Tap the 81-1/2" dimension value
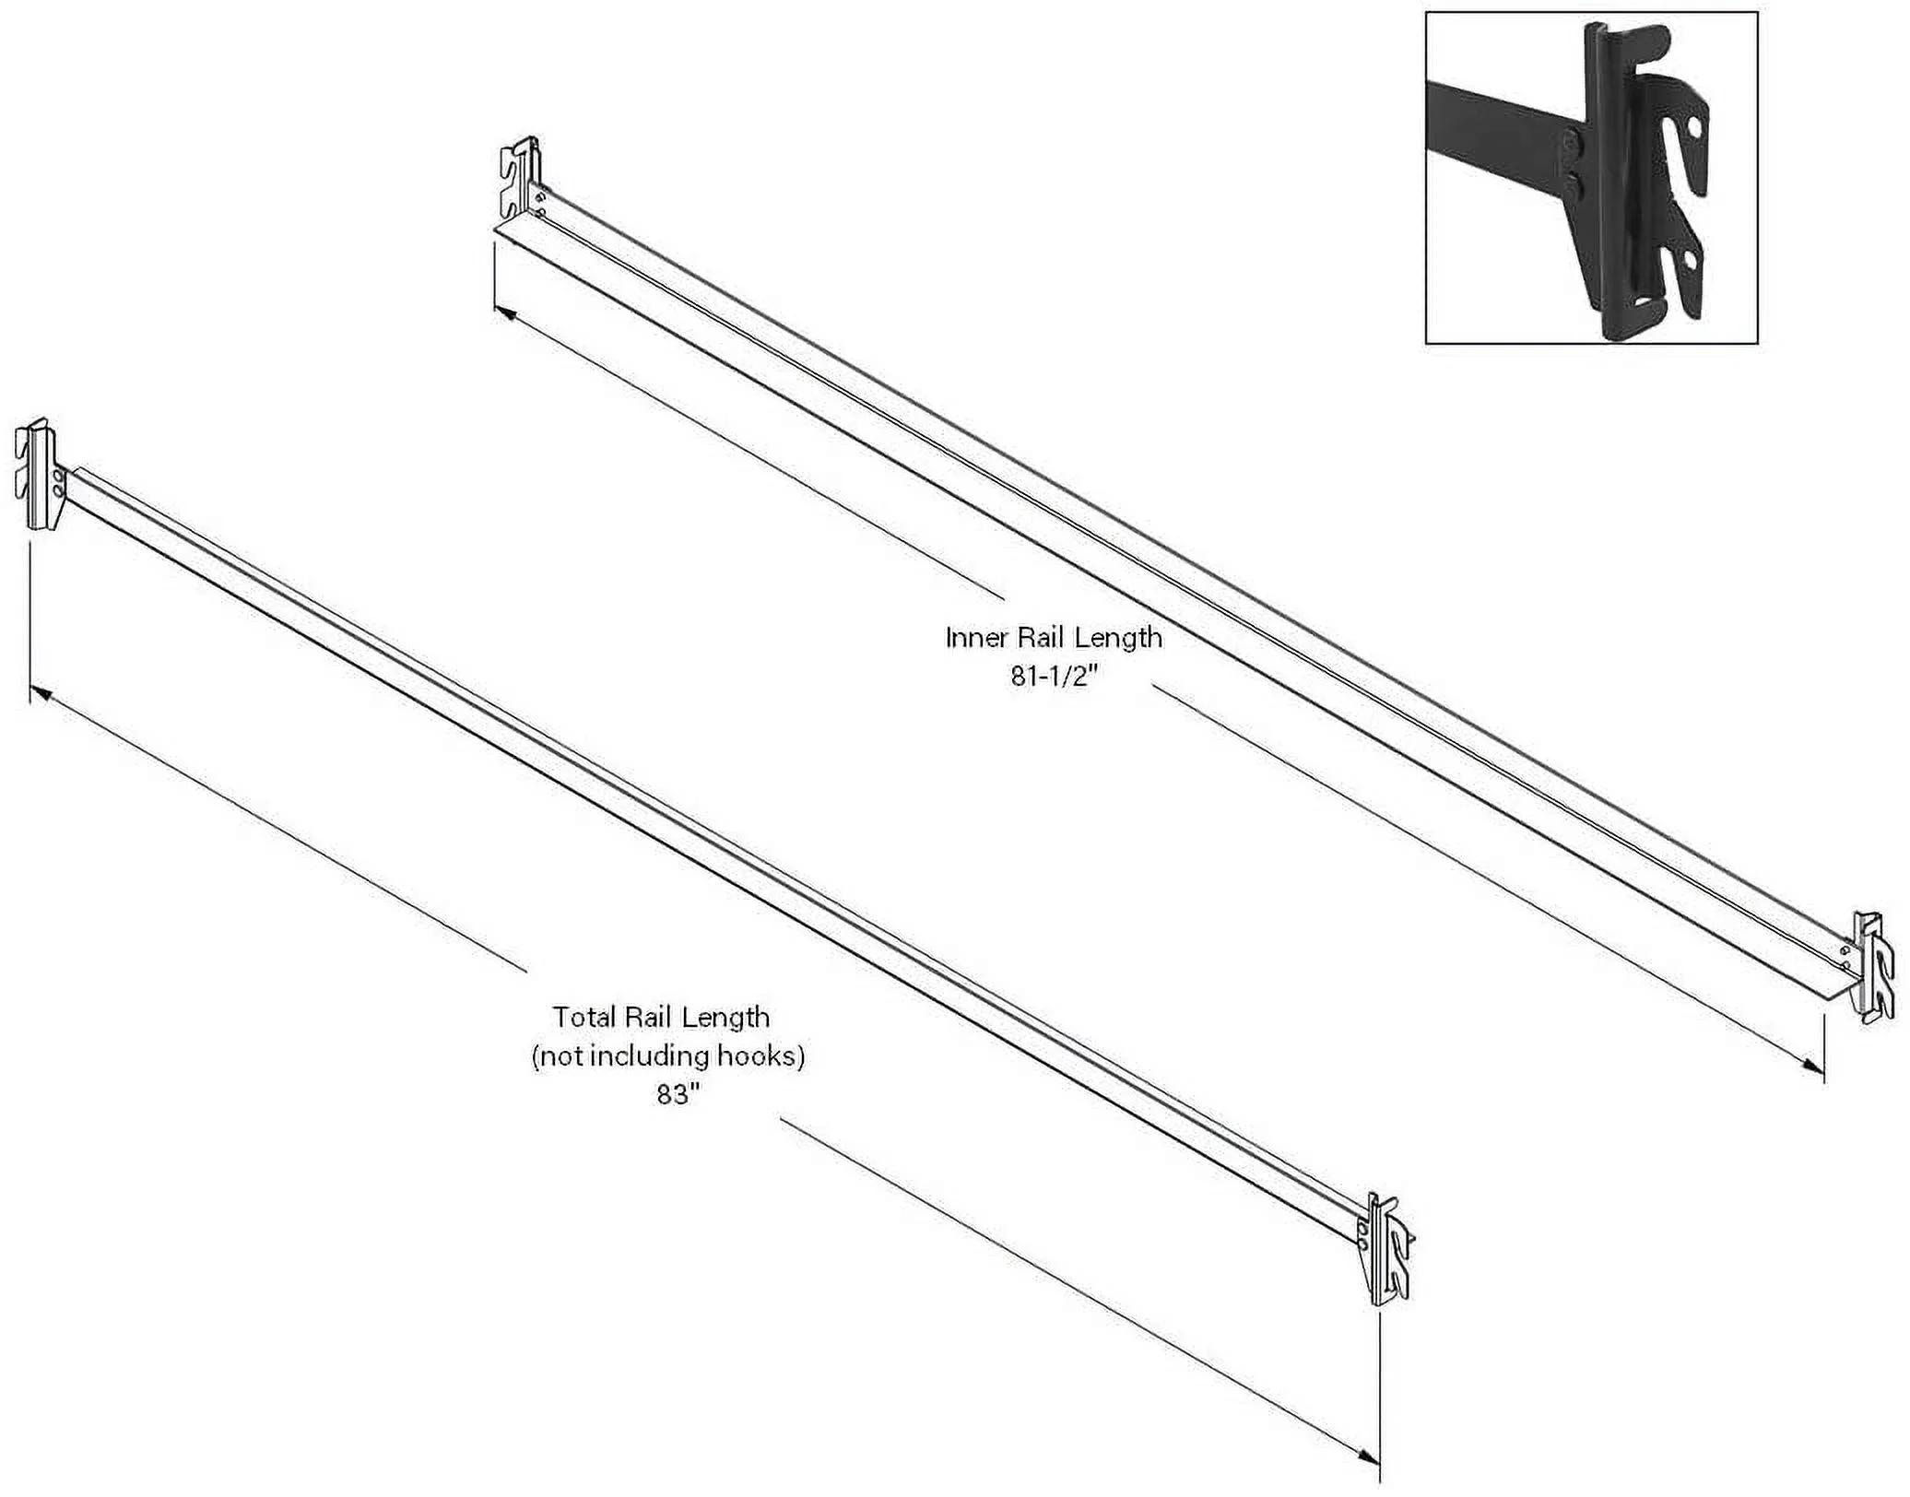pyautogui.click(x=1054, y=678)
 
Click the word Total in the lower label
pyautogui.click(x=584, y=1018)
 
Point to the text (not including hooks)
pyautogui.click(x=668, y=1056)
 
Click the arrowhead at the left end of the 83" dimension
pyautogui.click(x=41, y=692)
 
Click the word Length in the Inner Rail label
pyautogui.click(x=1120, y=638)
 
